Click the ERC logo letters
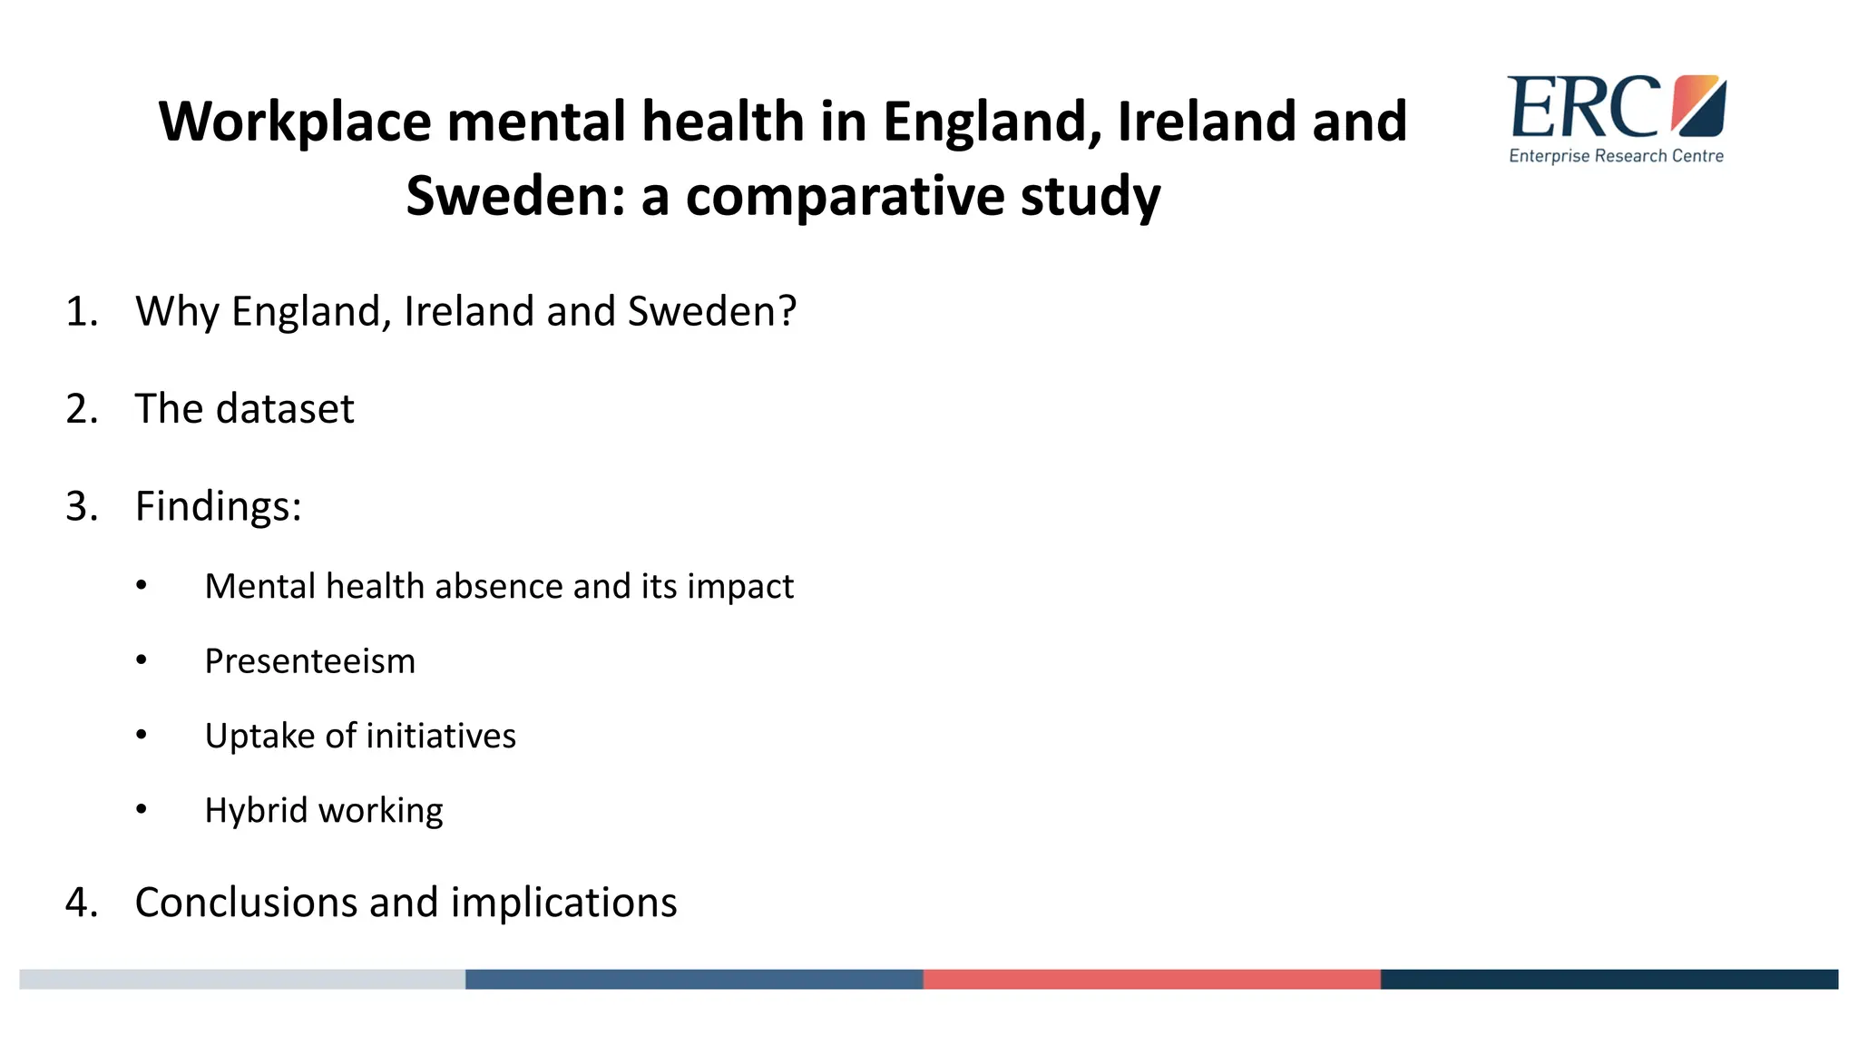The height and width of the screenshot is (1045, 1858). (x=1583, y=107)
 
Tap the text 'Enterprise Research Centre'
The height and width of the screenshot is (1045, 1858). (x=1616, y=156)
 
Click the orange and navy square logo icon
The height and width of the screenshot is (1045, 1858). (x=1698, y=105)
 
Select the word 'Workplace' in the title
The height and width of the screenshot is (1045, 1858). (x=295, y=122)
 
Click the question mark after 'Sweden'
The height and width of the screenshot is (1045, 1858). (x=787, y=311)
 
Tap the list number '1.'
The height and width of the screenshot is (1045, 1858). (x=82, y=311)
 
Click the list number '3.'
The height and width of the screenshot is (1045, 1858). (x=82, y=506)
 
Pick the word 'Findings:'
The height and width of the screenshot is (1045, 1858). (x=218, y=506)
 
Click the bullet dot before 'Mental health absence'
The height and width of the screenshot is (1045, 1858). (x=142, y=586)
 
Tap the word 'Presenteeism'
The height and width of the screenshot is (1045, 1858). (x=309, y=661)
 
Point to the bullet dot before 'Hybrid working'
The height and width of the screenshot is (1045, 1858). (x=142, y=810)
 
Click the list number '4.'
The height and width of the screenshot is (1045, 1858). (x=82, y=903)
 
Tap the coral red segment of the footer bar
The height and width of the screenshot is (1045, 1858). (x=1151, y=979)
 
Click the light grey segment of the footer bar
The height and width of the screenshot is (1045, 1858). (x=242, y=979)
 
